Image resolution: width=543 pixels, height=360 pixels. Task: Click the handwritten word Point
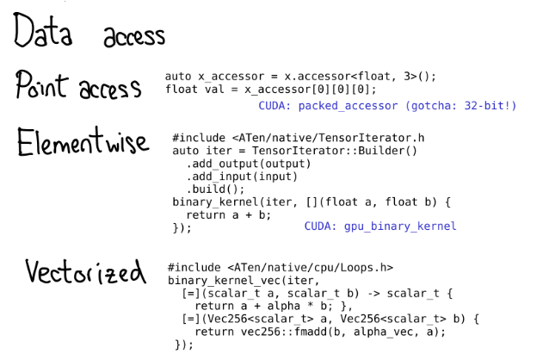(x=43, y=87)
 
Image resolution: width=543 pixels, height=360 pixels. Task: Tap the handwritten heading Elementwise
(x=82, y=142)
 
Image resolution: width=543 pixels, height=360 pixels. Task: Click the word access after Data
(x=133, y=36)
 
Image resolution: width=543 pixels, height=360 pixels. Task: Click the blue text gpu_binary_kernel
(x=400, y=227)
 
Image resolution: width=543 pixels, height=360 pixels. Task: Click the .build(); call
(x=215, y=189)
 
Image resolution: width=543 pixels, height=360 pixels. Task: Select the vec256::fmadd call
(x=274, y=331)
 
